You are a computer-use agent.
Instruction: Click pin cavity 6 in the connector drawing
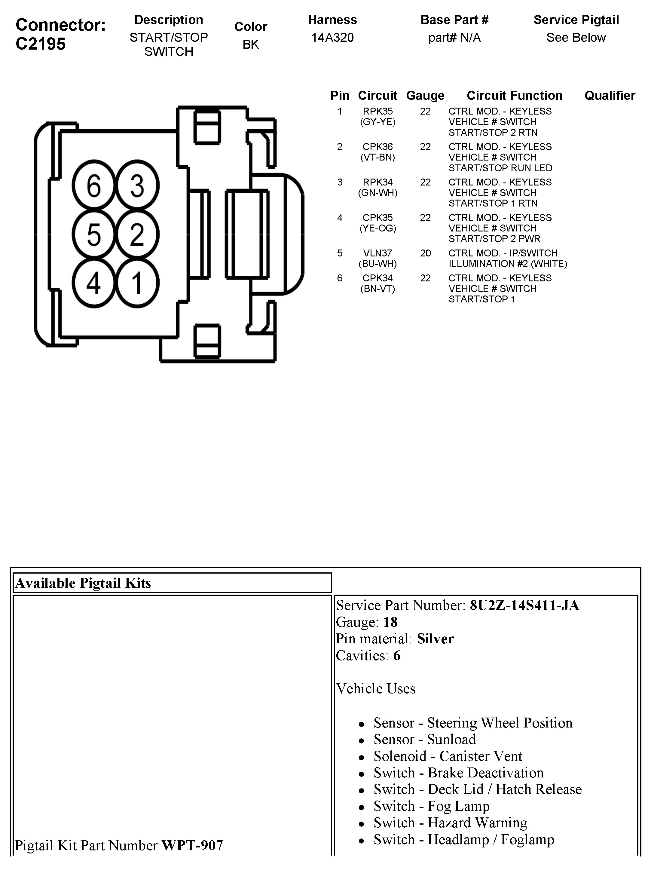pos(93,185)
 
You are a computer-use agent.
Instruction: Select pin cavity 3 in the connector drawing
pos(137,185)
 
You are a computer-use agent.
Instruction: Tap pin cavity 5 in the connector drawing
pos(93,234)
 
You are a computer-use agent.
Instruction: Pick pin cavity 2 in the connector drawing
pos(137,234)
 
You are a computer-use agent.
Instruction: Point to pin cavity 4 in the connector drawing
pos(93,283)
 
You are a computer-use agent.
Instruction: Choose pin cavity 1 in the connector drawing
pos(137,283)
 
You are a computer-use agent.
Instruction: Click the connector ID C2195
pos(40,44)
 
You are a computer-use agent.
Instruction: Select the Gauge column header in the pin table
pos(425,95)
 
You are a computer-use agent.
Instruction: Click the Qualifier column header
pos(610,95)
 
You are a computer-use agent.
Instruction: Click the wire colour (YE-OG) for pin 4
pos(378,228)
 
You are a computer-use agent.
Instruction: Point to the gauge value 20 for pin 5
pos(425,253)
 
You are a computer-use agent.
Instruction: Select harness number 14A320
pos(332,38)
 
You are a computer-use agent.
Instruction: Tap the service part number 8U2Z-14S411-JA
pos(524,605)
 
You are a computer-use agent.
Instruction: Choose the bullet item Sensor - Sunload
pos(424,740)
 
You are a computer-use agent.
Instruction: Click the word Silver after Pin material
pos(435,639)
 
